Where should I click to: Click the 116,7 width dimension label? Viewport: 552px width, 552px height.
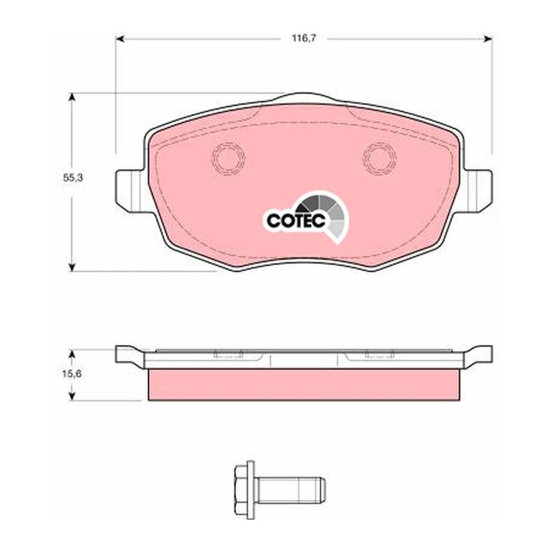click(304, 39)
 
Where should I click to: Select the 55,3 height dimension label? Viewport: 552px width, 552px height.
click(73, 178)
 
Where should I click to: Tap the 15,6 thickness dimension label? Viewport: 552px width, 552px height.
click(72, 373)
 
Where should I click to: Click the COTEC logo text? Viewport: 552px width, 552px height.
click(296, 221)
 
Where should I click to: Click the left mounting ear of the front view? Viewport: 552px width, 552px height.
click(130, 190)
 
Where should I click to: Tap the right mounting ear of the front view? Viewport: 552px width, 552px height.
click(477, 190)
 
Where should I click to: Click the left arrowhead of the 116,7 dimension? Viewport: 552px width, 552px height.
click(120, 39)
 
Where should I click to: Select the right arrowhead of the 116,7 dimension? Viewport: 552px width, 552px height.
click(488, 39)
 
